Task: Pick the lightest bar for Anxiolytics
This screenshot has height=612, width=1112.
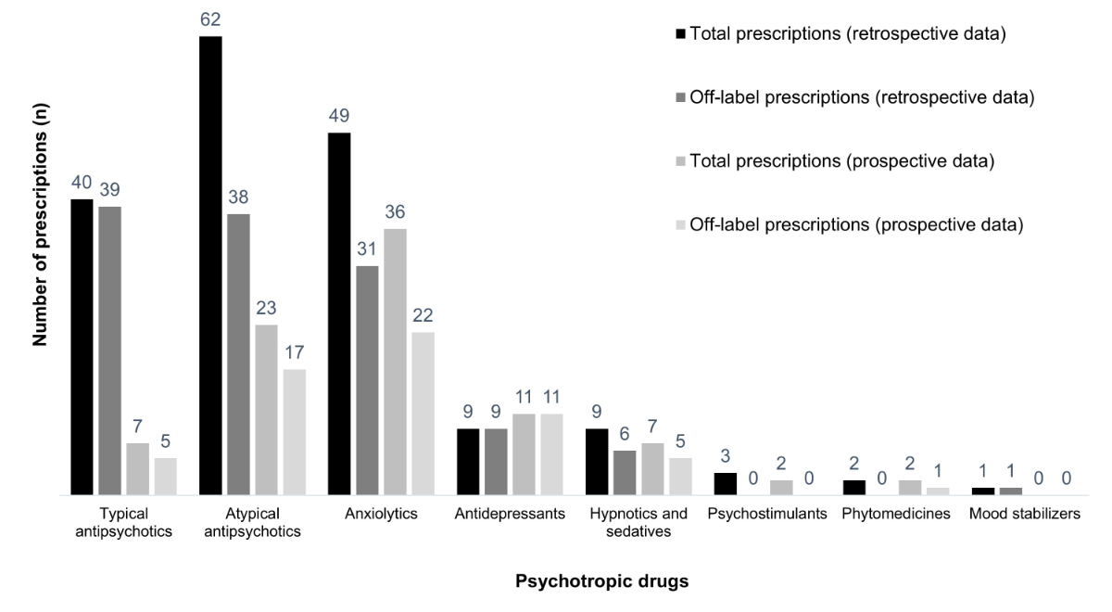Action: click(423, 414)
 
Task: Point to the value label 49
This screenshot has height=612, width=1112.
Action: click(338, 115)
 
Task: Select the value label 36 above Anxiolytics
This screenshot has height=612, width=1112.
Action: click(395, 211)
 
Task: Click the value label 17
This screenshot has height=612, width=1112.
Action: click(293, 352)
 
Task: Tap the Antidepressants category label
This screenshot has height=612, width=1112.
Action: click(511, 514)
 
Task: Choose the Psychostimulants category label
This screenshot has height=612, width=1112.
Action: click(766, 514)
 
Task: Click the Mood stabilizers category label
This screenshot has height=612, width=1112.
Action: click(1024, 514)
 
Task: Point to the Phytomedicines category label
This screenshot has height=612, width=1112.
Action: click(896, 514)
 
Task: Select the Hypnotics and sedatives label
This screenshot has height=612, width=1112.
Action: click(638, 522)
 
